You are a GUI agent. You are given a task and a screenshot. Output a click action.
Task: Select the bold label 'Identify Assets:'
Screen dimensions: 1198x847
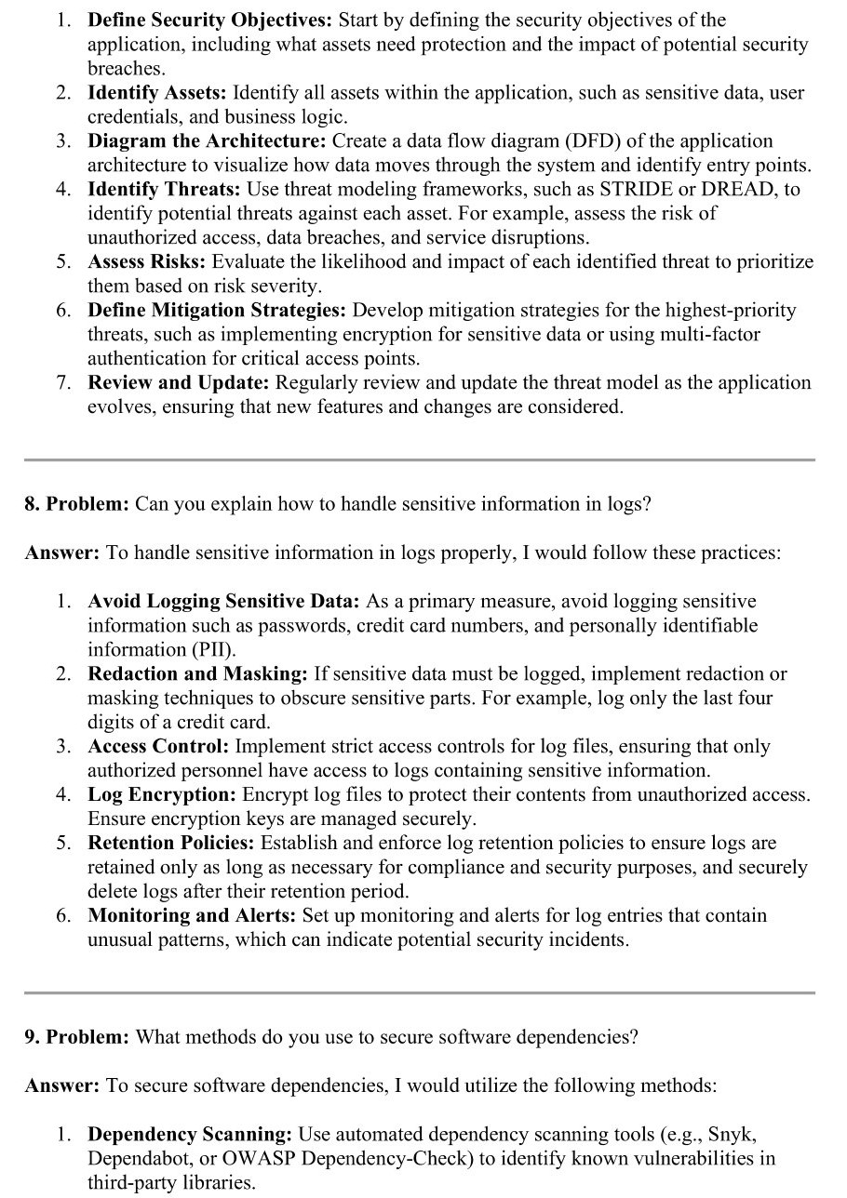[x=156, y=93]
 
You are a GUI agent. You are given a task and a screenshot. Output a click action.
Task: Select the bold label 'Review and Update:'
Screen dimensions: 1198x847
[x=179, y=383]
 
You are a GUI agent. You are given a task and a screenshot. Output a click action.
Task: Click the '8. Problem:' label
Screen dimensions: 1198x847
[x=76, y=504]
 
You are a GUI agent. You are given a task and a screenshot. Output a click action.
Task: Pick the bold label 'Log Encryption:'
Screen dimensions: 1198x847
[x=162, y=794]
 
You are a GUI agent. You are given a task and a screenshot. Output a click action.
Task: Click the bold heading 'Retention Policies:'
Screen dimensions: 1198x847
[x=171, y=843]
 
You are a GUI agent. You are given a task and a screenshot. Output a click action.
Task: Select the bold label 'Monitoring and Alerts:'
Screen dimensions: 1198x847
[x=192, y=915]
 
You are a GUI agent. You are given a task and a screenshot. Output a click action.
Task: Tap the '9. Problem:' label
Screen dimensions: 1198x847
[x=76, y=1036]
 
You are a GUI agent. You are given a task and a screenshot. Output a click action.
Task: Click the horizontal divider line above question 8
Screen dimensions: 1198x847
[x=419, y=459]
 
